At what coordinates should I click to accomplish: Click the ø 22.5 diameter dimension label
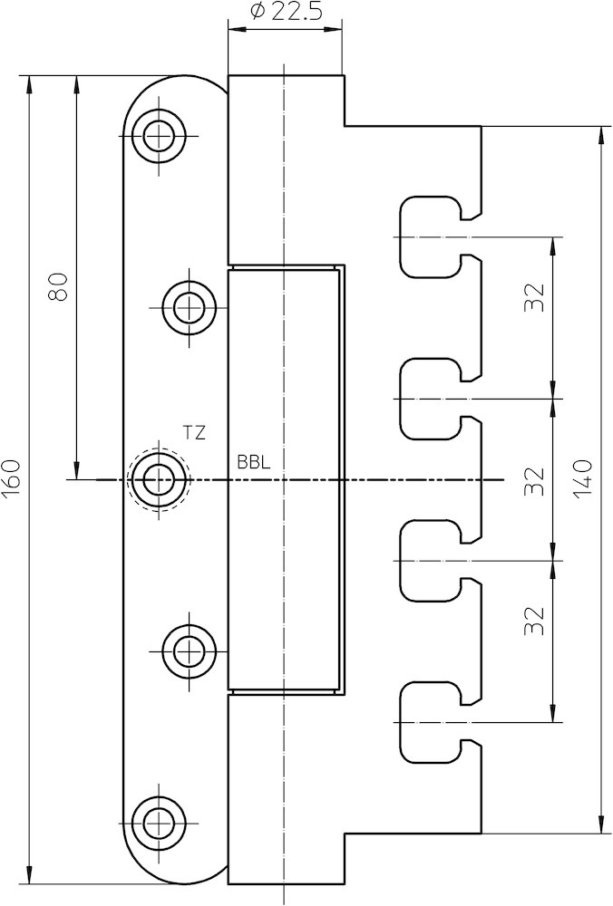click(287, 12)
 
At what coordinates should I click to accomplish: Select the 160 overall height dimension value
click(13, 479)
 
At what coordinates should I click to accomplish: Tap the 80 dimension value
click(58, 286)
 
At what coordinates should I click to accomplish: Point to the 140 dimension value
click(582, 479)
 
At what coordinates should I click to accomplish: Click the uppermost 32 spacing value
click(535, 297)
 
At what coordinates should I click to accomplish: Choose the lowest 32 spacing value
click(535, 621)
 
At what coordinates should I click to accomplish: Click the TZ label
click(194, 433)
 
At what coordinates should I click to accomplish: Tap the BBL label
click(254, 463)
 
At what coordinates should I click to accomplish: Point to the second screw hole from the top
click(190, 307)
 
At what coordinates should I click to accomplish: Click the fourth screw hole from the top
click(190, 651)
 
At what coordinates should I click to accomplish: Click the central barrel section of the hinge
click(285, 479)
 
